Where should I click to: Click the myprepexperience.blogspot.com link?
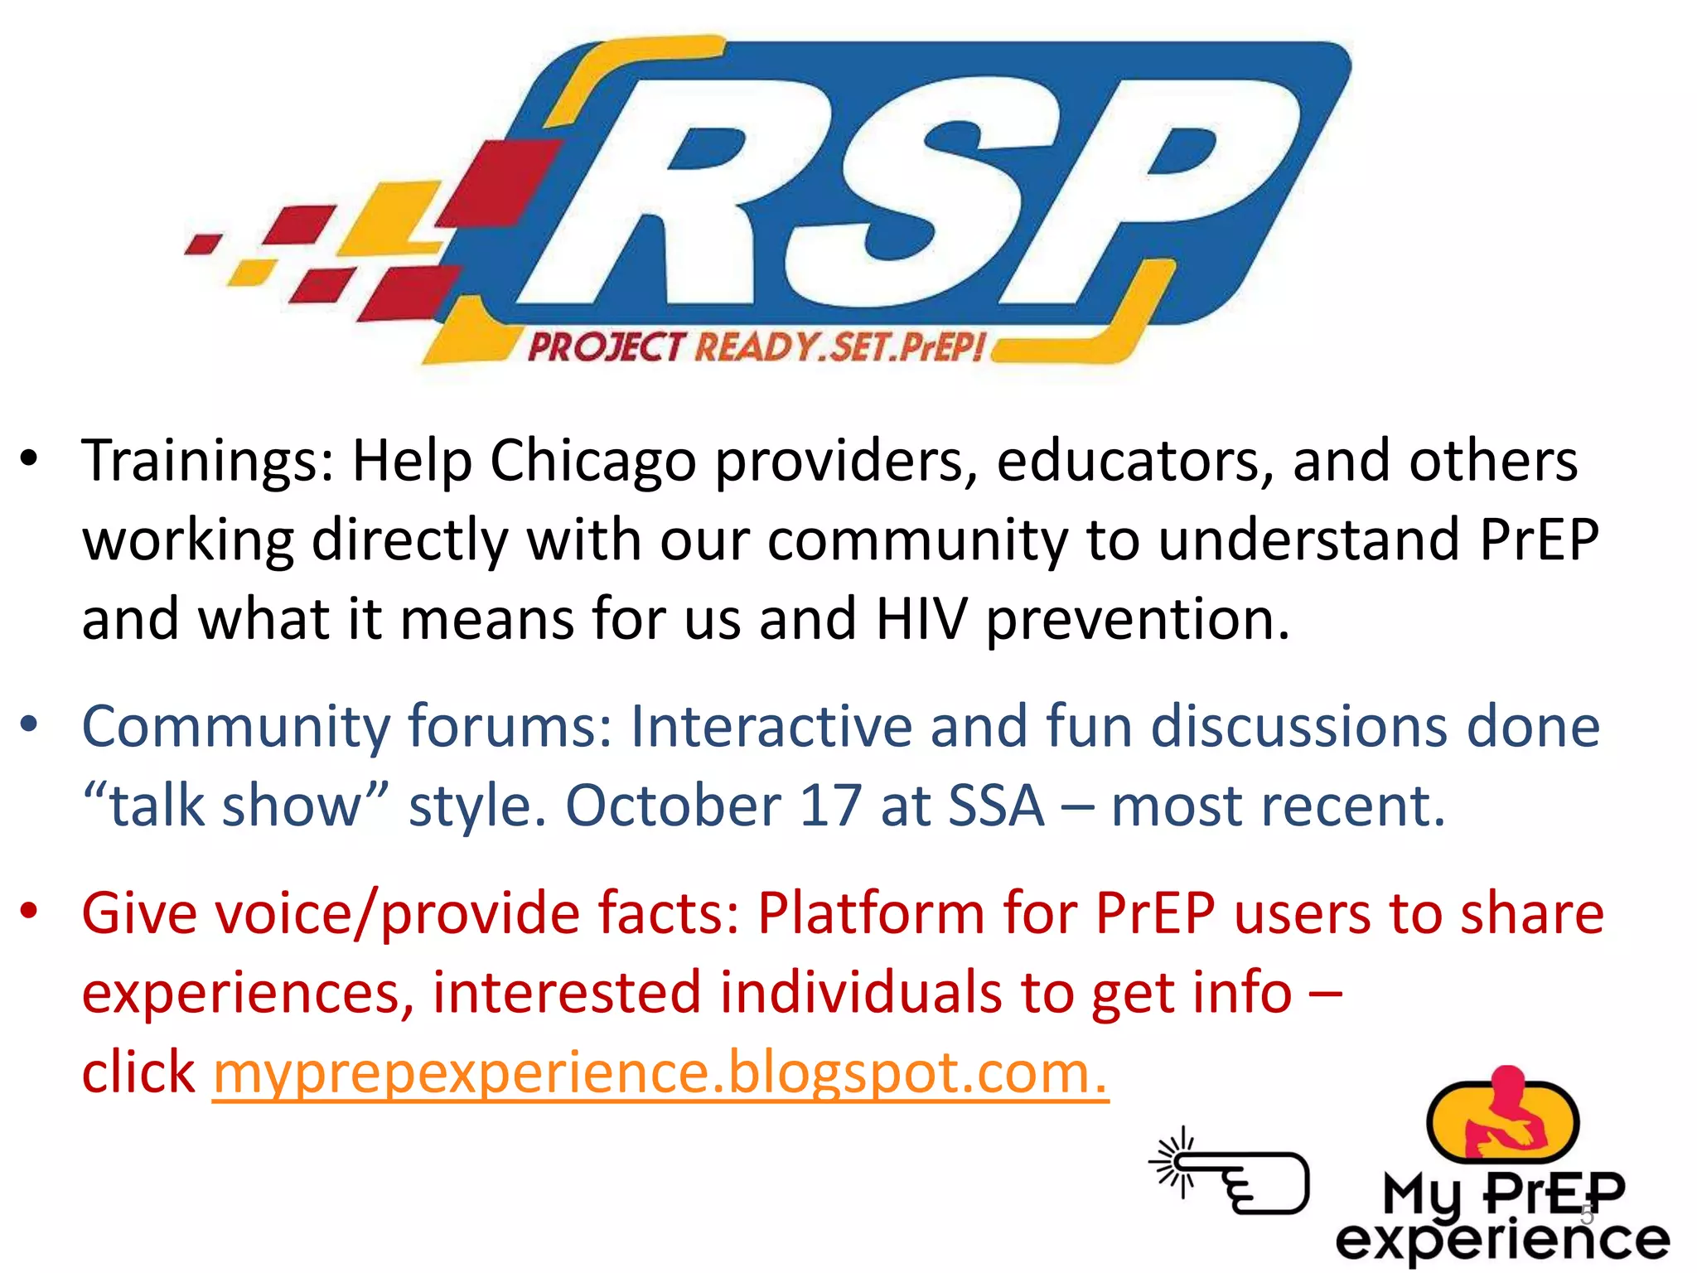pyautogui.click(x=660, y=1072)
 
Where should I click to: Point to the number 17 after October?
pyautogui.click(x=830, y=806)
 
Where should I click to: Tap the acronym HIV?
pyautogui.click(x=921, y=619)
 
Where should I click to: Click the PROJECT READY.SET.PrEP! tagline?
pyautogui.click(x=756, y=346)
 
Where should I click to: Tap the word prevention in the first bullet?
pyautogui.click(x=1138, y=621)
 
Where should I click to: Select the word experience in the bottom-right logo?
pyautogui.click(x=1501, y=1241)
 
